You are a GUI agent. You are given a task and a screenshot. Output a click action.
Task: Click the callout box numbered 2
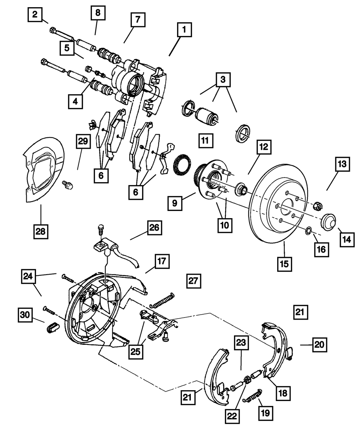pos(35,14)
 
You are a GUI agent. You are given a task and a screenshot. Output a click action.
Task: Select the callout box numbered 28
pos(41,231)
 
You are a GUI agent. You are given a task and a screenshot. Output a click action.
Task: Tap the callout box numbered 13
pos(342,164)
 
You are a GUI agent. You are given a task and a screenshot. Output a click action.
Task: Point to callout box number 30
pos(25,315)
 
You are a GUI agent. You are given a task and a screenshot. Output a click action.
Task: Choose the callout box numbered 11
pos(206,141)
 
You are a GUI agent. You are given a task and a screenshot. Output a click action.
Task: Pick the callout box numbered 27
pos(194,281)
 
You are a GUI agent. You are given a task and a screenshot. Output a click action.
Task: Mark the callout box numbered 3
pos(223,80)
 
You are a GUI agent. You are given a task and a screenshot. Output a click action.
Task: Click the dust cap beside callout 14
pos(328,222)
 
